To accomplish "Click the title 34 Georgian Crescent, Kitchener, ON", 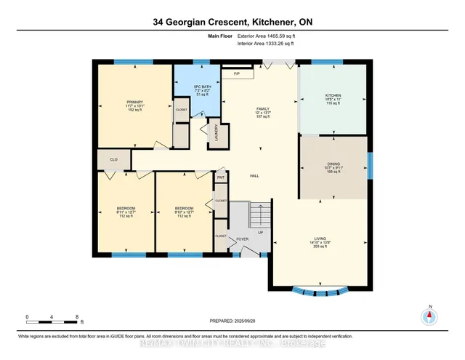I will coord(232,22).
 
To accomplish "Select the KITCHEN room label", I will coord(333,96).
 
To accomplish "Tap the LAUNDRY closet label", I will coord(216,132).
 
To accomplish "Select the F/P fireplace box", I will coord(237,74).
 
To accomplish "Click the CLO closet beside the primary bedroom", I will coord(113,158).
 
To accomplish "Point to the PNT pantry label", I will coord(220,177).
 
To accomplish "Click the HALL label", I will coord(255,176).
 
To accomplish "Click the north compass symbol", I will coord(429,316).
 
